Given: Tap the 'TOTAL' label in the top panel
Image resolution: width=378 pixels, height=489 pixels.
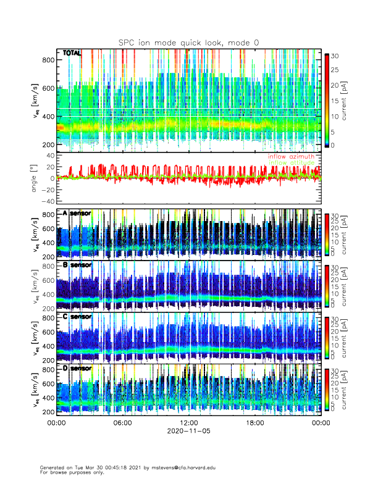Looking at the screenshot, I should coord(72,54).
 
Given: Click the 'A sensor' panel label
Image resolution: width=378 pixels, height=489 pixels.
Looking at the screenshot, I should coord(77,214).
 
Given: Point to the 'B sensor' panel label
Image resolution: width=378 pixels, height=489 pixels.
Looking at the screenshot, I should coord(77,265).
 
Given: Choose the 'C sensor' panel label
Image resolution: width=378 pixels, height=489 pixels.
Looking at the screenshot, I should coord(77,317).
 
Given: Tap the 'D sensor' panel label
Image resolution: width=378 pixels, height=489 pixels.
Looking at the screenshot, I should coord(77,368).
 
